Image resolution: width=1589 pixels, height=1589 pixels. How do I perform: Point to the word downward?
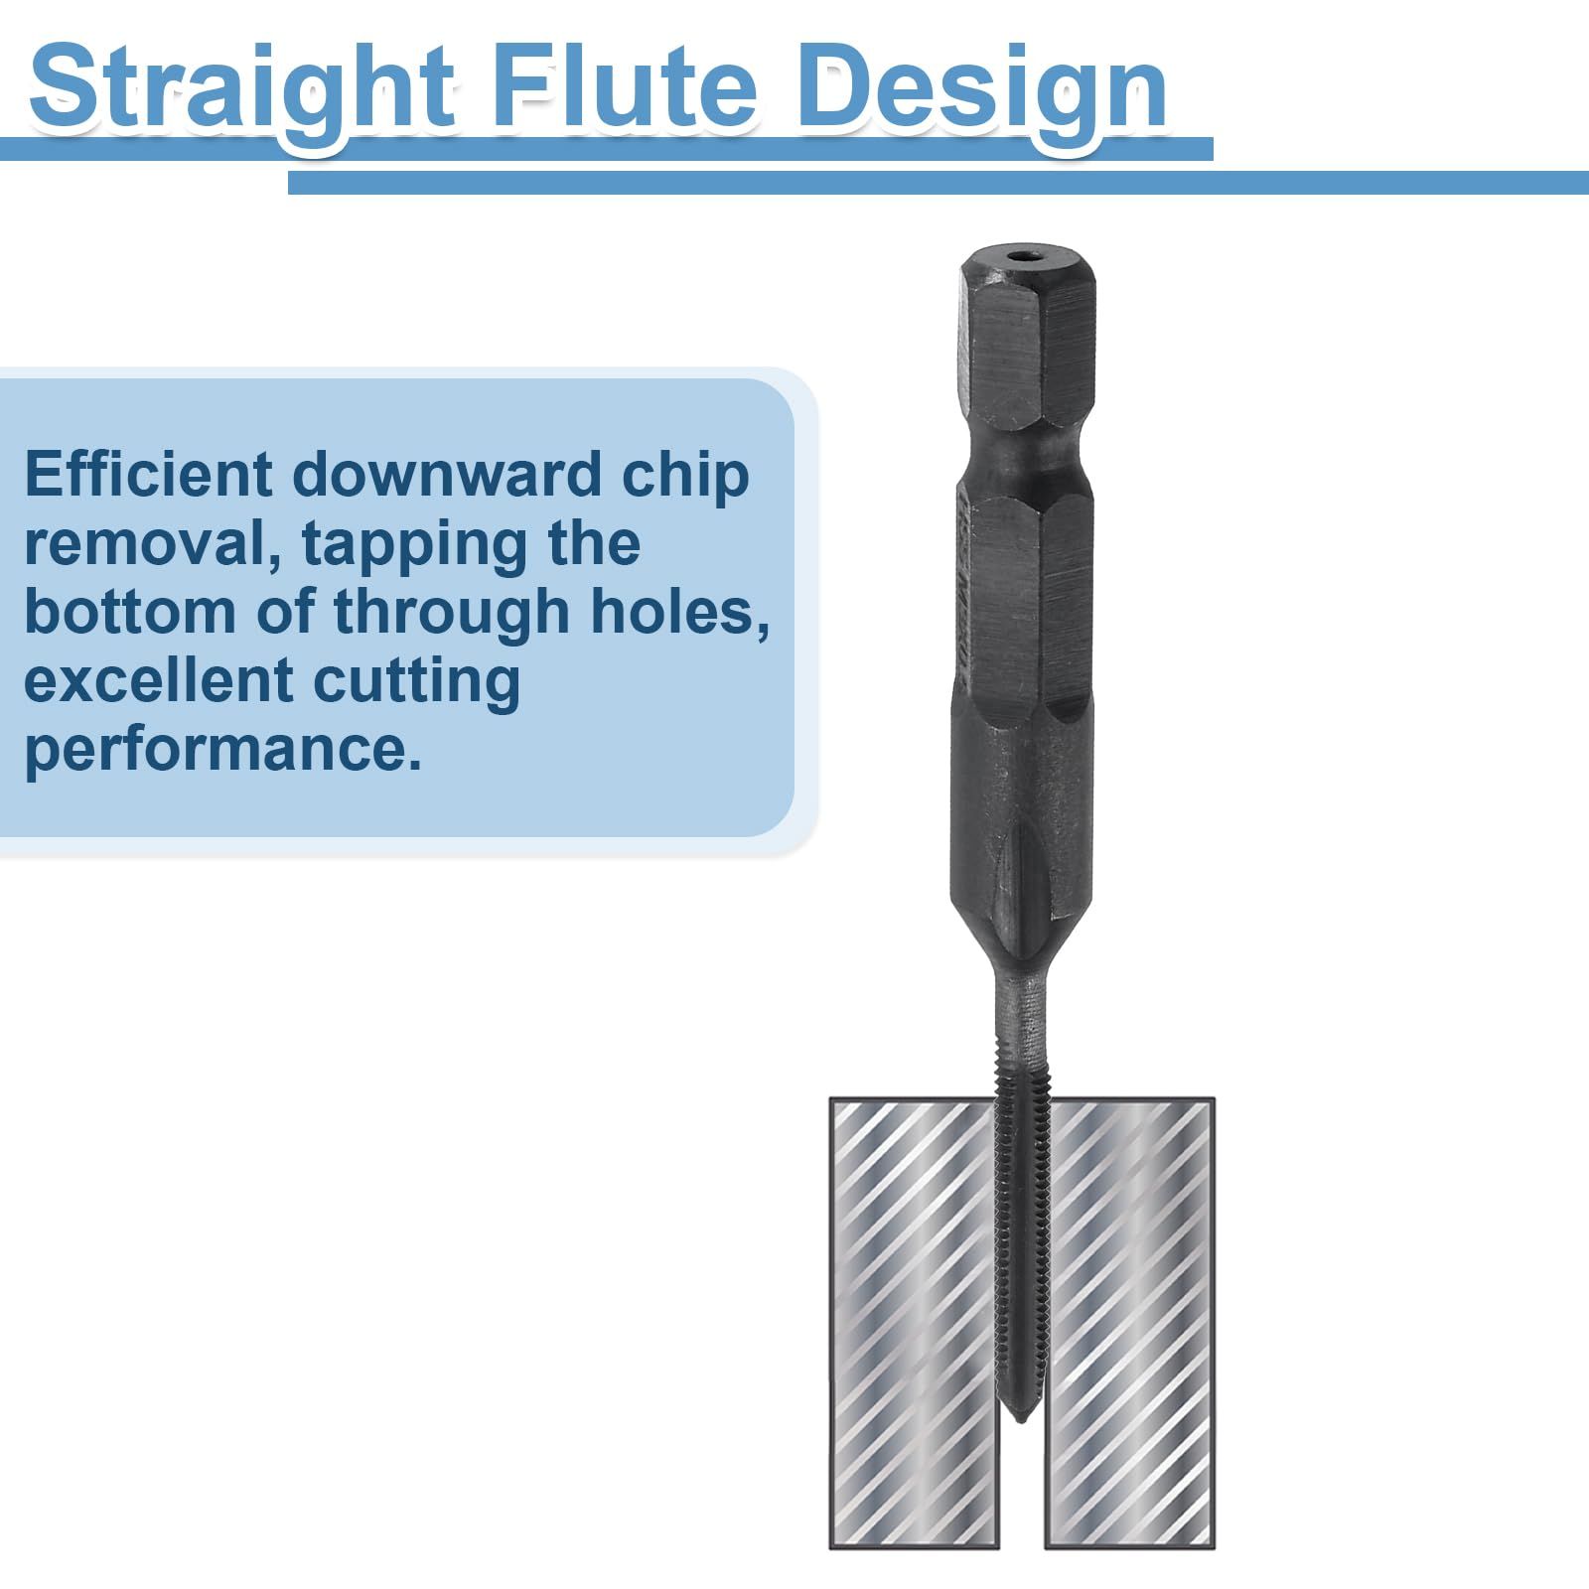pyautogui.click(x=447, y=474)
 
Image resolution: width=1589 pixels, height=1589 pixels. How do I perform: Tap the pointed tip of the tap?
pyautogui.click(x=1018, y=1422)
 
